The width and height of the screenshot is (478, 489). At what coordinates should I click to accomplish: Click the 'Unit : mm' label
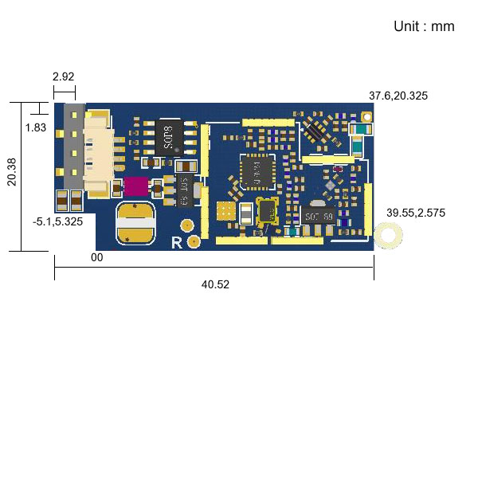point(424,26)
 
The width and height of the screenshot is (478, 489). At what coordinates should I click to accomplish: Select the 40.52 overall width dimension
point(215,284)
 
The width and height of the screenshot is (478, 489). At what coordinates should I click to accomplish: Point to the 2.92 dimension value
point(63,77)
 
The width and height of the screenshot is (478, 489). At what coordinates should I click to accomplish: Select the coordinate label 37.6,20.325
point(398,96)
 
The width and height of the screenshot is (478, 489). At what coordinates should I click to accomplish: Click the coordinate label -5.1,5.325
point(58,221)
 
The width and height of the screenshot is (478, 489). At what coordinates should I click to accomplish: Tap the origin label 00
point(96,258)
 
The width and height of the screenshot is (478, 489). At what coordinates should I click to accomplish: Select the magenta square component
point(135,187)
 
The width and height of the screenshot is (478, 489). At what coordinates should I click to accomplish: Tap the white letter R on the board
point(177,243)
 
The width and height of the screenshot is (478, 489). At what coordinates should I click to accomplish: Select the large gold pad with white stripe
point(135,223)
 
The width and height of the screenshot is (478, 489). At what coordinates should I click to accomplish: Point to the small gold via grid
point(226,212)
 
